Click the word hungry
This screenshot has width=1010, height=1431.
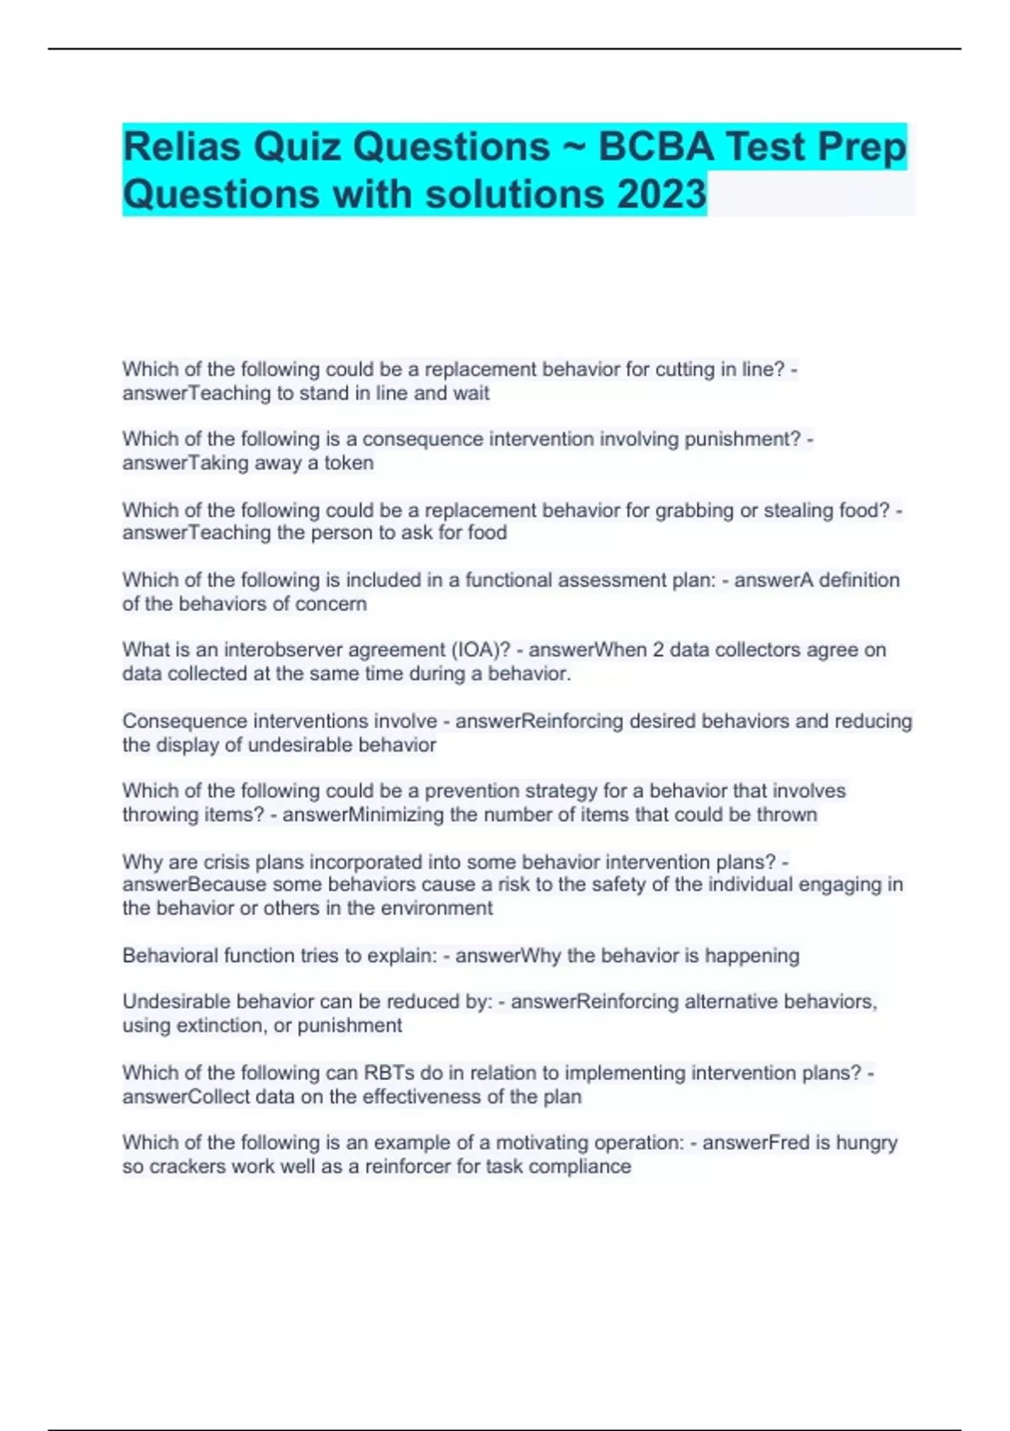pyautogui.click(x=866, y=1143)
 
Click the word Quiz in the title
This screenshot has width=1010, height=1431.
pyautogui.click(x=299, y=147)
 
